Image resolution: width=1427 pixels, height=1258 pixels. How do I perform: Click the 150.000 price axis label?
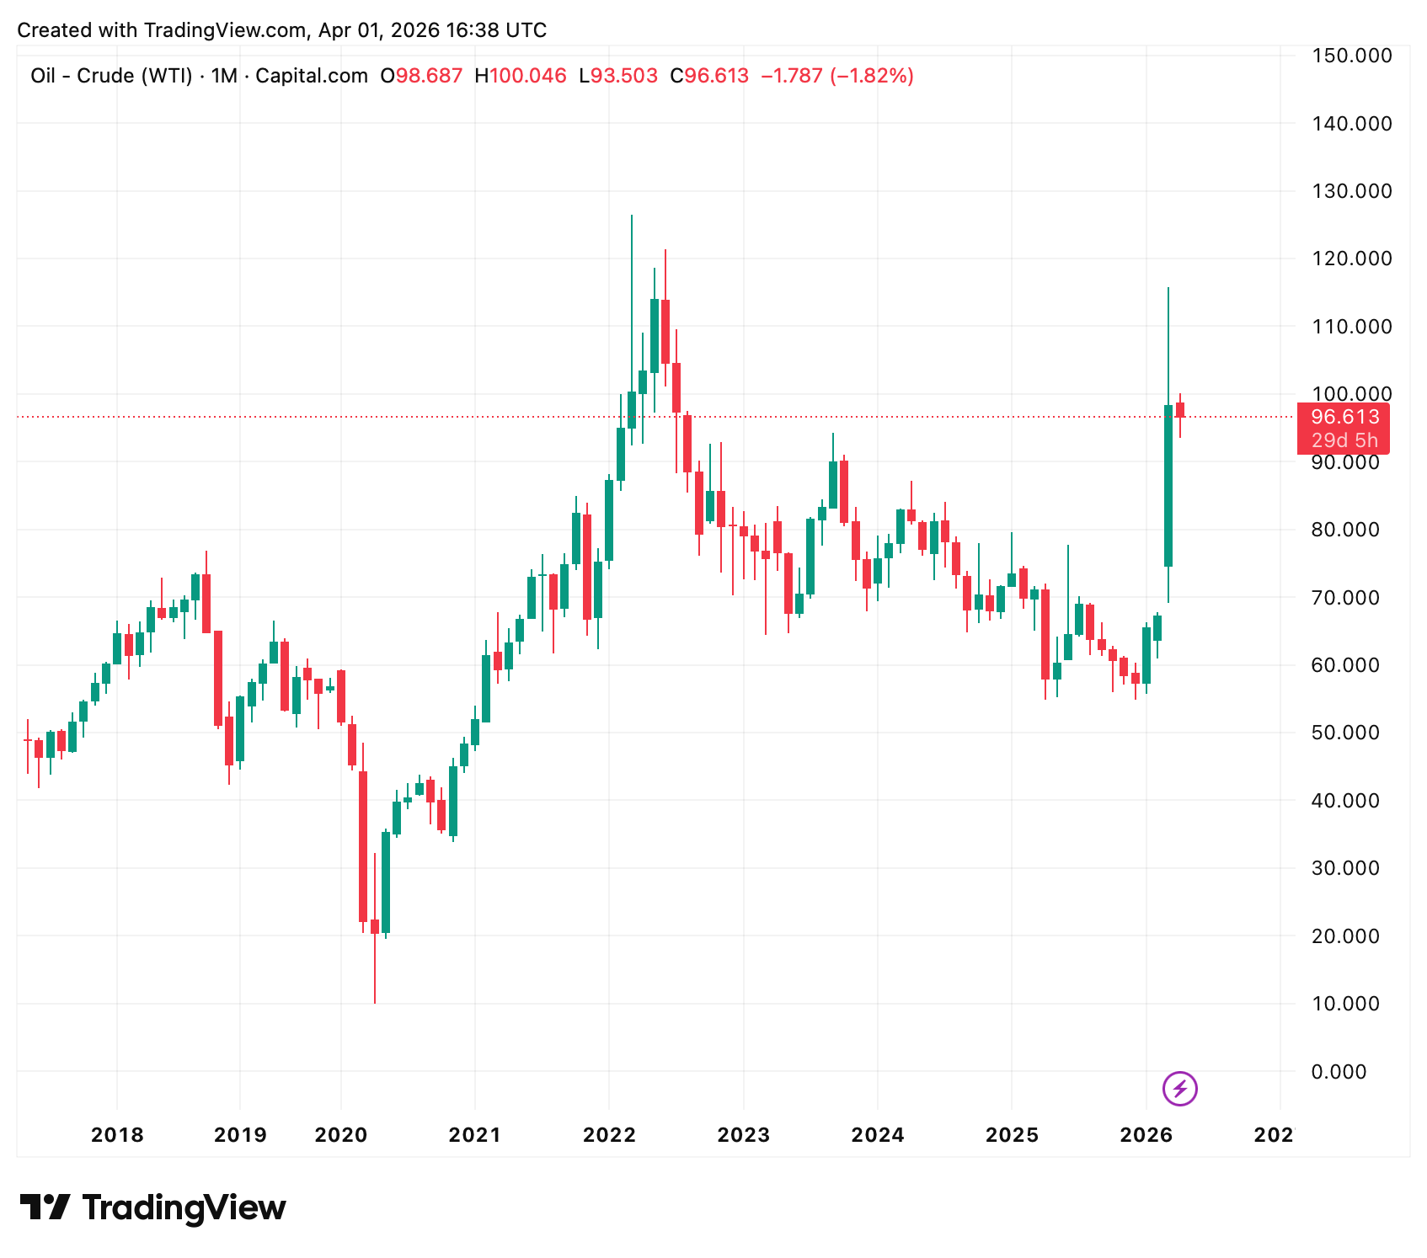[x=1351, y=56]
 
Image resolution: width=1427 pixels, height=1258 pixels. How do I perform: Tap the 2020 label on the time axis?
[x=340, y=1135]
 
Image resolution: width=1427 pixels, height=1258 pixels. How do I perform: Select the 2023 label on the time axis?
[x=743, y=1135]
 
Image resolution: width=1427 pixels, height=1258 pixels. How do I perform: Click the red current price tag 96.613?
[x=1344, y=417]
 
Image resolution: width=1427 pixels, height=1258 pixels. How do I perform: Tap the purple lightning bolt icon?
[x=1179, y=1089]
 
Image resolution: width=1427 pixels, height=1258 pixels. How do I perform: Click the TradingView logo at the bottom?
[x=152, y=1207]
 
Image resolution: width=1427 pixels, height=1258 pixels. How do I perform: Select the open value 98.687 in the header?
[x=429, y=76]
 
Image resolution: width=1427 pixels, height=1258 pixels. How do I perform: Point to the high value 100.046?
[x=527, y=76]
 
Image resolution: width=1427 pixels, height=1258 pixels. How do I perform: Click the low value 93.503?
[x=623, y=76]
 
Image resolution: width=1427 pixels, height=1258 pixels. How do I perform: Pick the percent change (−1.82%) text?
[x=872, y=76]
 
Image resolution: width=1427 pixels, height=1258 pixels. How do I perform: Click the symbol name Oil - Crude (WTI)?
[x=111, y=76]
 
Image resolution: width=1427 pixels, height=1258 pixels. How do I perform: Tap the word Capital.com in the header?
[x=312, y=76]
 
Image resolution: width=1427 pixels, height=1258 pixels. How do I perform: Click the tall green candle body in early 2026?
[x=1168, y=486]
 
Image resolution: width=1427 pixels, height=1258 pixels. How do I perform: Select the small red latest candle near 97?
[x=1180, y=410]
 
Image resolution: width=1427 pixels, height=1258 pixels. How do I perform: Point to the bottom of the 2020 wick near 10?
[x=375, y=1000]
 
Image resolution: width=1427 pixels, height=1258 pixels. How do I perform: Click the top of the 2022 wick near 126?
[x=632, y=217]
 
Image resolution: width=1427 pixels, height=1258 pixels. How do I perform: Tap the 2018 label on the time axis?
[x=117, y=1135]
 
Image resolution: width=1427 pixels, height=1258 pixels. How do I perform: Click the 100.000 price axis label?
[x=1351, y=394]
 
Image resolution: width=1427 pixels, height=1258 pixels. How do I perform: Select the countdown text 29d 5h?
[x=1344, y=440]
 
